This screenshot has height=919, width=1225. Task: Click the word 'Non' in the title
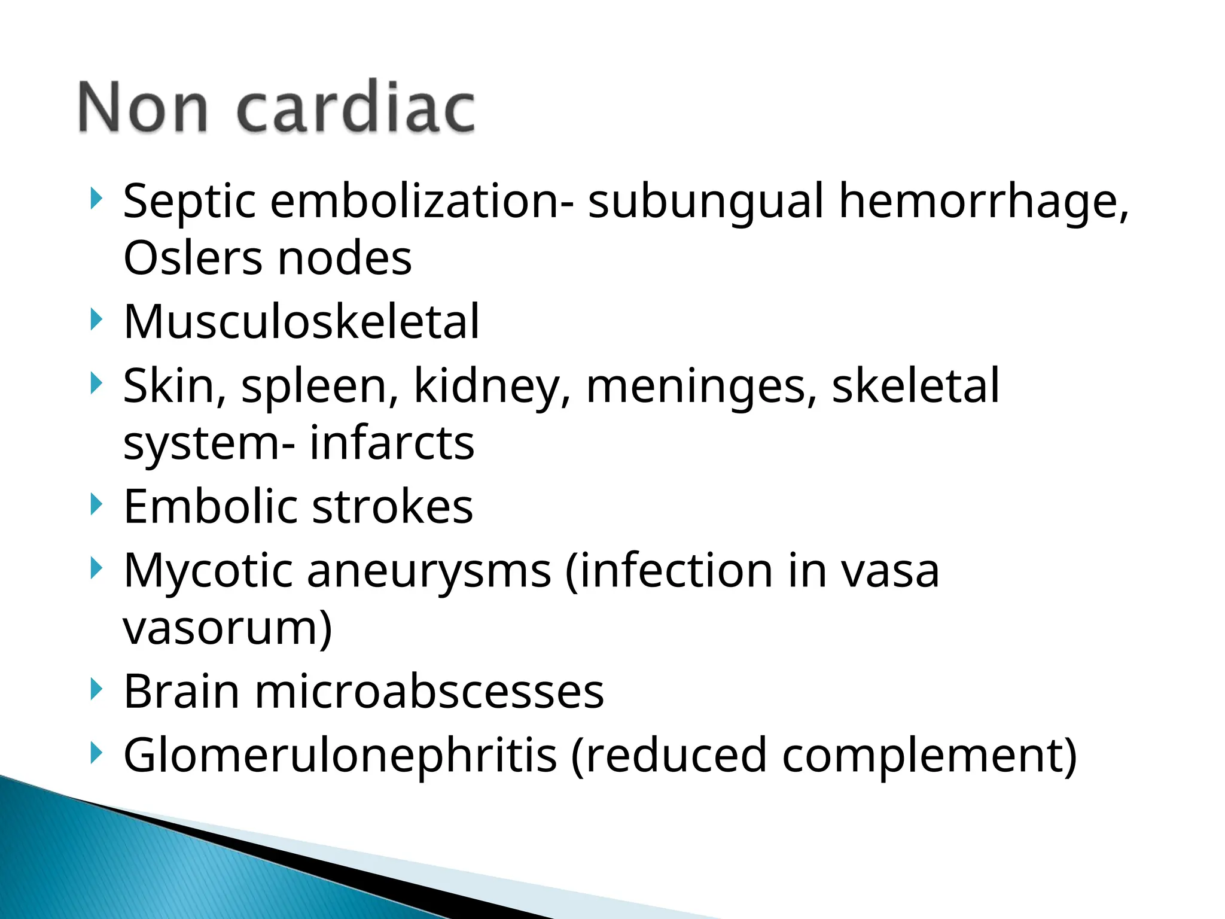pos(143,108)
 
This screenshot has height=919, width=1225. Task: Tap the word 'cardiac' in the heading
pos(356,108)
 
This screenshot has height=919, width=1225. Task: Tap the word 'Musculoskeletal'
pos(301,322)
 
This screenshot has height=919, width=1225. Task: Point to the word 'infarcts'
pos(392,443)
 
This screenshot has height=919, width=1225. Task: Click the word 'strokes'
pos(392,507)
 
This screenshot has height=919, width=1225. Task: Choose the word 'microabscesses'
pos(429,692)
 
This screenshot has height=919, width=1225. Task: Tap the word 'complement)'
pos(930,756)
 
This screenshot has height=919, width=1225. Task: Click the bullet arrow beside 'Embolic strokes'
pos(96,504)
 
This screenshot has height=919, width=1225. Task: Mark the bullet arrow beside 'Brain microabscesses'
pos(96,689)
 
